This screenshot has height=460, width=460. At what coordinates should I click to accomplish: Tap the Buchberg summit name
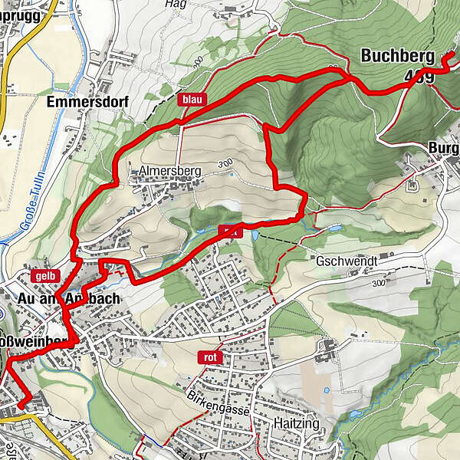coord(397,57)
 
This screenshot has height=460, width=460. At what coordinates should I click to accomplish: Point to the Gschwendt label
coord(347,261)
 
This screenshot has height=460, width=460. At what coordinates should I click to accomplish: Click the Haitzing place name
coord(296,423)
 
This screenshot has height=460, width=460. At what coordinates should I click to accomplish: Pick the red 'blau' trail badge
coord(192,99)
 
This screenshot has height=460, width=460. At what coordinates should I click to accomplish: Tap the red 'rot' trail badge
coord(209,356)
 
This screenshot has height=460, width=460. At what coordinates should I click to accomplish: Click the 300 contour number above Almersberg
coord(224,164)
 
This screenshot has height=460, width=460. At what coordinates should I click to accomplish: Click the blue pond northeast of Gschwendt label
coord(334,228)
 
